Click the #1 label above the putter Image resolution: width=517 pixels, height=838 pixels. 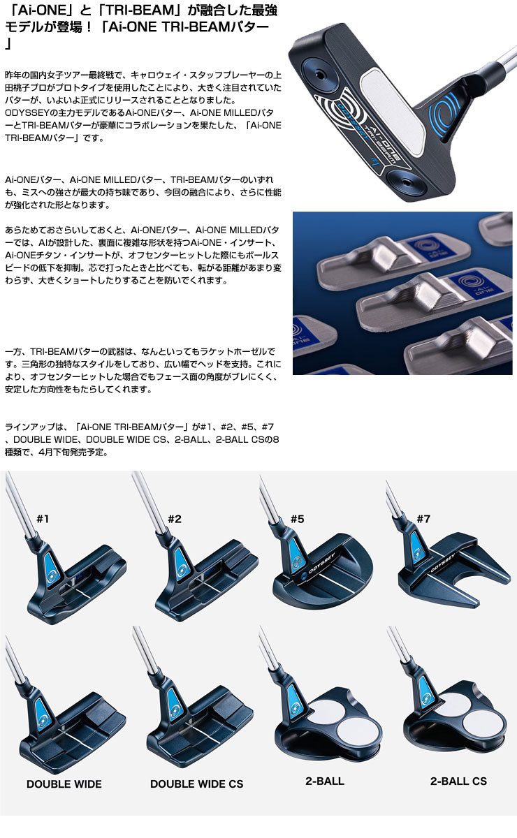coord(43,518)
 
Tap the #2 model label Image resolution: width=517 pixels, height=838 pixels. coord(175,518)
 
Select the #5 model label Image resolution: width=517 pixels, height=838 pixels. coord(298,518)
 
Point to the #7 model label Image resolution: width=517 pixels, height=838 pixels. coord(423,518)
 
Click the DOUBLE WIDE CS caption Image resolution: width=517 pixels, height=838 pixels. coord(196,784)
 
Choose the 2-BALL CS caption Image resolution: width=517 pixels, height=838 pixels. coord(458,781)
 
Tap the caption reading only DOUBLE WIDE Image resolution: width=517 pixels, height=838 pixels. coord(64,784)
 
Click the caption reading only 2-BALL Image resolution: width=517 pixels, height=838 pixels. coord(325,781)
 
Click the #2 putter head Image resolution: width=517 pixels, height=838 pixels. coord(203,583)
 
